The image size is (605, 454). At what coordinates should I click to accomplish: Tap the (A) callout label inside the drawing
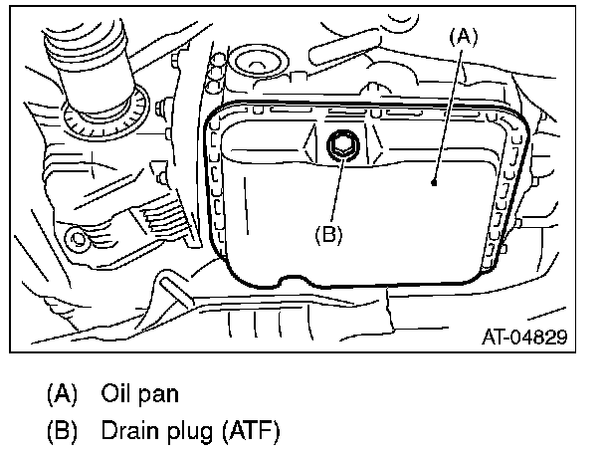[x=466, y=37]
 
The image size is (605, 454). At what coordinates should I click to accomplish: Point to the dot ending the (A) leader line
[x=435, y=182]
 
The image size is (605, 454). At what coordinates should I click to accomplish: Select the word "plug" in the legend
[x=183, y=433]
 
